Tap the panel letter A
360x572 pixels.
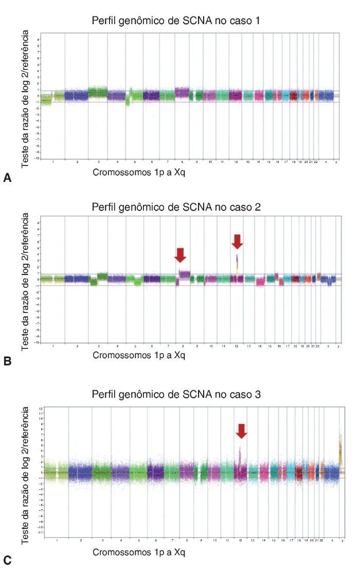[x=7, y=178]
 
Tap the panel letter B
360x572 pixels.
[x=7, y=361]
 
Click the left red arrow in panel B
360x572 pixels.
[x=180, y=254]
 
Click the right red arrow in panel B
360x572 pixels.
[x=237, y=241]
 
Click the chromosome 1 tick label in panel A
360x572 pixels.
[x=53, y=162]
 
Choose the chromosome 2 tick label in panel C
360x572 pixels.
[x=81, y=541]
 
